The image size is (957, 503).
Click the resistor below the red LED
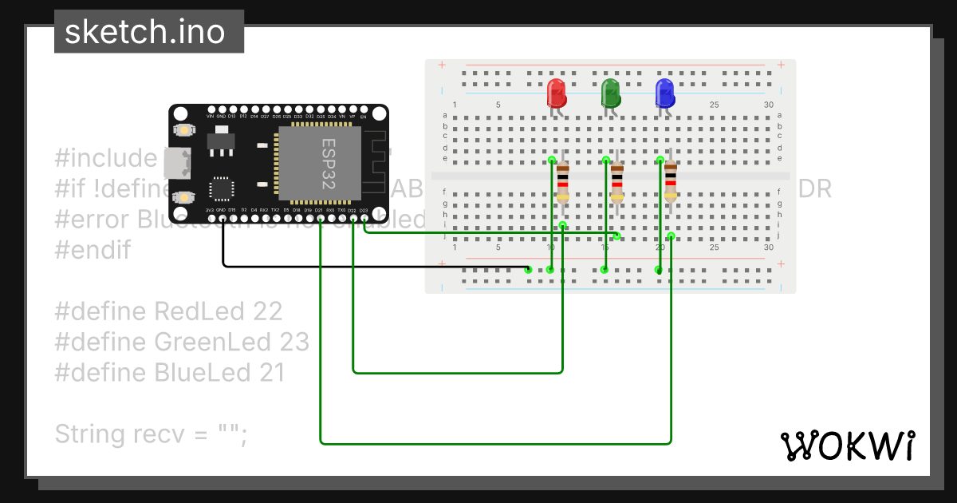(562, 180)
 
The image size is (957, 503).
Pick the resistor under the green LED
(616, 180)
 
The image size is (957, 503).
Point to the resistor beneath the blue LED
(671, 180)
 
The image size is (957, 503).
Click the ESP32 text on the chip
(329, 162)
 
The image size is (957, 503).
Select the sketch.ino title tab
(144, 32)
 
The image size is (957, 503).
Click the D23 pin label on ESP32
(364, 211)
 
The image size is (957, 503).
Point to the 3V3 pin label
(210, 211)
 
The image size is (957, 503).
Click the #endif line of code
(93, 250)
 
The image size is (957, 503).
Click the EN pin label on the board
(364, 117)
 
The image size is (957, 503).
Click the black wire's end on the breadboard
(528, 269)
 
